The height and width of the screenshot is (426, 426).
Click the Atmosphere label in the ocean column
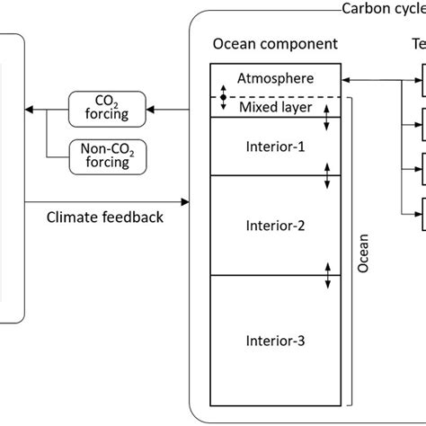274,79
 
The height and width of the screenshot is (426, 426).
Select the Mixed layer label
274,107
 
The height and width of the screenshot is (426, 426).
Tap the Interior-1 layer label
274,145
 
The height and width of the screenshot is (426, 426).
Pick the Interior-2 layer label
274,226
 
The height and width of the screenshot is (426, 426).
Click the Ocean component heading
262,44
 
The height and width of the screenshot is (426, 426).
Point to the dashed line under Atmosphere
279,96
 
